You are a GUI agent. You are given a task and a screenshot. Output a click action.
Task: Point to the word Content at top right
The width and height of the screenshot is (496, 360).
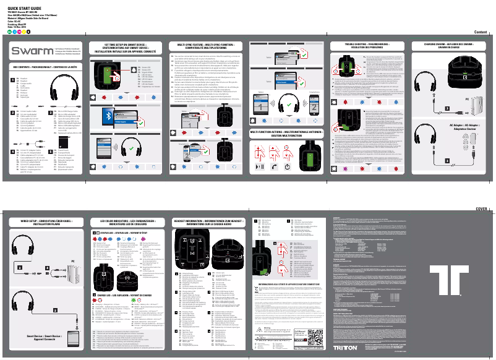(x=481, y=32)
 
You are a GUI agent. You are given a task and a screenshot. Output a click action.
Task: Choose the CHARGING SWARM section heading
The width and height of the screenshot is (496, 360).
(x=445, y=45)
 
